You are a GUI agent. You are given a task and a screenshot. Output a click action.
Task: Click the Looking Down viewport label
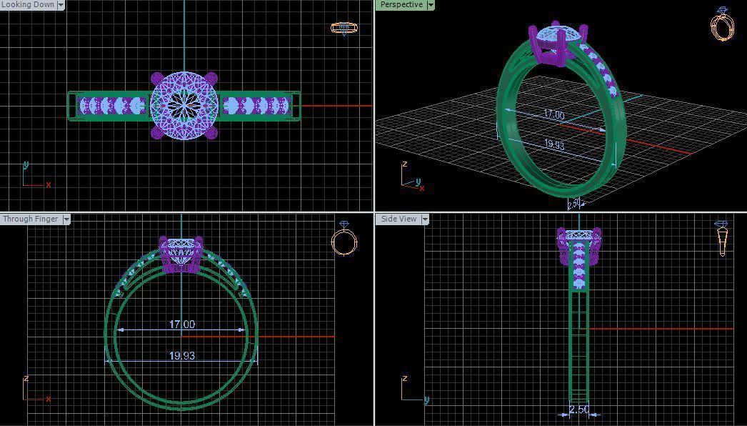click(x=28, y=5)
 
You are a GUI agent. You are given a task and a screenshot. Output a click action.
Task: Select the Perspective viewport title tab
click(x=401, y=5)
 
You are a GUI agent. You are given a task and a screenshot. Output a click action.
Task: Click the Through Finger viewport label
click(x=30, y=219)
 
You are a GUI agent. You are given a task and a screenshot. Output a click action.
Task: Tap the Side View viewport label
click(x=398, y=219)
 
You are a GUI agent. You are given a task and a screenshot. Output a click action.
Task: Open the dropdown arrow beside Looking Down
click(x=61, y=5)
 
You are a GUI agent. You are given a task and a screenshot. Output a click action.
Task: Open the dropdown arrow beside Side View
click(x=424, y=219)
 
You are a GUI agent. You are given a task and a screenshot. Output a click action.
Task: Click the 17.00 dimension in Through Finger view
click(x=181, y=325)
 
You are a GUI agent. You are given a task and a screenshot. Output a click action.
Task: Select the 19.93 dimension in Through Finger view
click(x=181, y=356)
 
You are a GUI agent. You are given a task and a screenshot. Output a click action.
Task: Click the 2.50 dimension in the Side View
click(x=578, y=410)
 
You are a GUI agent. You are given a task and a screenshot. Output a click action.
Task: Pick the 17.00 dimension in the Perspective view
click(x=553, y=115)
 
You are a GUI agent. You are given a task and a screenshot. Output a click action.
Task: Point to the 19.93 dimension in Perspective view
click(x=554, y=144)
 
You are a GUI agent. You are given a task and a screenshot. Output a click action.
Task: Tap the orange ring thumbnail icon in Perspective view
click(x=723, y=24)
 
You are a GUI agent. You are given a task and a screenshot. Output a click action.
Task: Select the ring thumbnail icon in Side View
click(x=722, y=238)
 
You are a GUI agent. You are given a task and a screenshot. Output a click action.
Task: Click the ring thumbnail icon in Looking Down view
click(x=344, y=29)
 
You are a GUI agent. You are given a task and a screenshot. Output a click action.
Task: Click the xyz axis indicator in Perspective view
click(x=411, y=179)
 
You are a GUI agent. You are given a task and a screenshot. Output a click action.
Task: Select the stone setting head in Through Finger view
click(x=181, y=254)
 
